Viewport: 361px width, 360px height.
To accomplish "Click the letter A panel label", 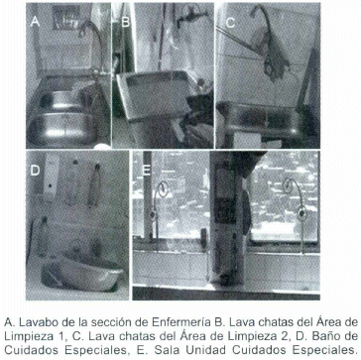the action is (35, 22).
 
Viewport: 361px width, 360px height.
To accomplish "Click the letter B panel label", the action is (126, 23).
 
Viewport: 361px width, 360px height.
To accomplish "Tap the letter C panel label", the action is (230, 23).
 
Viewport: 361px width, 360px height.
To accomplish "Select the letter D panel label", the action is (36, 170).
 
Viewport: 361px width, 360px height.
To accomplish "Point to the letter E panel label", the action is (146, 170).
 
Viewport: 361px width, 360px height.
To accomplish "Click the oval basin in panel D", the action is (81, 275).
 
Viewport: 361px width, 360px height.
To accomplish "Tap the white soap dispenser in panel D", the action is (52, 179).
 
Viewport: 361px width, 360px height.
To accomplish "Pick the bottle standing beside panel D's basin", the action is (43, 236).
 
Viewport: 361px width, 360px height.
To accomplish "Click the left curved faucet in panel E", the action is (158, 211).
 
